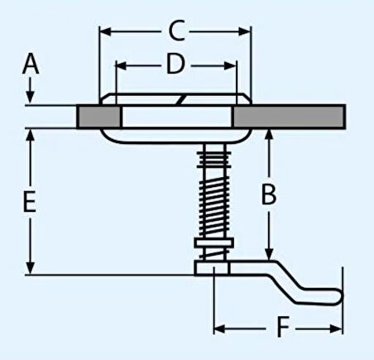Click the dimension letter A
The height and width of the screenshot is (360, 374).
(x=31, y=62)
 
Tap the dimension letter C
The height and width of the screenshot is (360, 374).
(x=175, y=31)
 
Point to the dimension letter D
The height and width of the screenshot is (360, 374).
(x=174, y=64)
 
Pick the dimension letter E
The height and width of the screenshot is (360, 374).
(x=30, y=202)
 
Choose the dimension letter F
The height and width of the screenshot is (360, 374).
(x=283, y=329)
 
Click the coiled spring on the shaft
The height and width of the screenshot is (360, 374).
(x=213, y=192)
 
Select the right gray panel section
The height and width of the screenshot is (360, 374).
(x=295, y=116)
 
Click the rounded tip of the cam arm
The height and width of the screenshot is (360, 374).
(x=336, y=295)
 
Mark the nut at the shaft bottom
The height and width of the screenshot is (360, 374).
(x=213, y=267)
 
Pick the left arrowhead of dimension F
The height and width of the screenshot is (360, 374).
(x=218, y=329)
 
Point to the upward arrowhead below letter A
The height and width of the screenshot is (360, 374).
(x=30, y=100)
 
